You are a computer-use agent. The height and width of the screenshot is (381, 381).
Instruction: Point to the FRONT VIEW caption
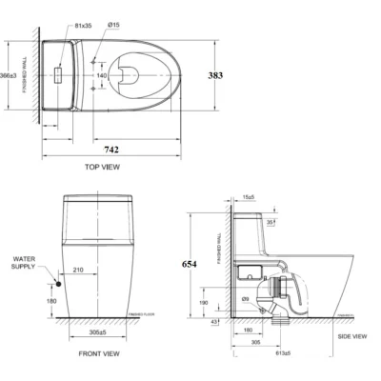[98, 353]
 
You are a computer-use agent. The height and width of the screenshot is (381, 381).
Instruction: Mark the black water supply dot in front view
[58, 282]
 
